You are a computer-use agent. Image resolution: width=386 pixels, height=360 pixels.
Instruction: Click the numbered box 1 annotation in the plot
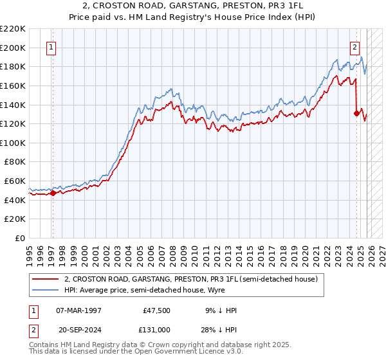(x=51, y=46)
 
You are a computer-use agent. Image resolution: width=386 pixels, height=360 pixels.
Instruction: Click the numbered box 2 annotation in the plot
(x=354, y=46)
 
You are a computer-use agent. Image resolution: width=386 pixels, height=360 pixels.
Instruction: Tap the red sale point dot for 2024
(x=356, y=113)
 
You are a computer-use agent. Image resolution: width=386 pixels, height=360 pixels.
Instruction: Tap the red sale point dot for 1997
(x=53, y=193)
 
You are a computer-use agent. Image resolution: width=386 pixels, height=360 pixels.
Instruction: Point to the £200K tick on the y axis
(x=13, y=48)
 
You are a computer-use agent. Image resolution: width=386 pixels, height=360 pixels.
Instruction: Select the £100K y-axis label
(x=13, y=143)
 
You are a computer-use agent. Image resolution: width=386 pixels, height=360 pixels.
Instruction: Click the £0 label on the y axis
(x=19, y=238)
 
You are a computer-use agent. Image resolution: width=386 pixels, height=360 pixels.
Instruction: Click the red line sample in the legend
(x=44, y=280)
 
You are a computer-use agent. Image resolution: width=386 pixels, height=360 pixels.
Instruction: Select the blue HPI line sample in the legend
(x=44, y=291)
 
